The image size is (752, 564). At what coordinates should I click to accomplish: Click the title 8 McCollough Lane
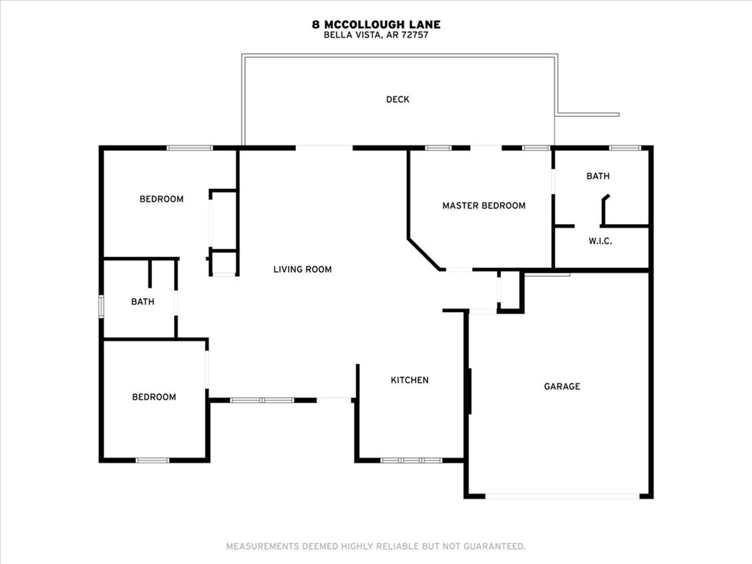tap(376, 25)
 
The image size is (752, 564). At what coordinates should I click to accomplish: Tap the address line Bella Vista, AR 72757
tap(376, 35)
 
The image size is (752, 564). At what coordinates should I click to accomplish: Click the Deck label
tap(397, 100)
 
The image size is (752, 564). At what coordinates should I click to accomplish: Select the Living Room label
tap(303, 270)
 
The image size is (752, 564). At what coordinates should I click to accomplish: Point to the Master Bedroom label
tap(483, 206)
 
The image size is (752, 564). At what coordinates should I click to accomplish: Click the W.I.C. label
tap(600, 242)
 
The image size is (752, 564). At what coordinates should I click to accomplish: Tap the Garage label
tap(562, 386)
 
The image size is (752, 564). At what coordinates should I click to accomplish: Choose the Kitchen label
tap(409, 380)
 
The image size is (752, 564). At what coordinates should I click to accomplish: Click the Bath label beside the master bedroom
tap(598, 176)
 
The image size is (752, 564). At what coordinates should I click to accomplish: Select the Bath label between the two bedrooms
tap(142, 302)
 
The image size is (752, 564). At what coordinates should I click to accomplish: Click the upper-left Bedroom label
tap(162, 199)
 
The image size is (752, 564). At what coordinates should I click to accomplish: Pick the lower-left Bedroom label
tap(154, 397)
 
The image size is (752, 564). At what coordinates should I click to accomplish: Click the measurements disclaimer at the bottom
tap(375, 546)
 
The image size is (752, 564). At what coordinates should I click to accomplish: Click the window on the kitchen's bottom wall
tap(411, 460)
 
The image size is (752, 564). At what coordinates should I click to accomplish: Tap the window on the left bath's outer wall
tap(101, 305)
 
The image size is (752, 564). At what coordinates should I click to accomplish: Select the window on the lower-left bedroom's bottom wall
tap(153, 460)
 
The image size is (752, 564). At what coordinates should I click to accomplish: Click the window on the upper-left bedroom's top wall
tap(189, 148)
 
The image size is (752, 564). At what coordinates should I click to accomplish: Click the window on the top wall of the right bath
tap(625, 148)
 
